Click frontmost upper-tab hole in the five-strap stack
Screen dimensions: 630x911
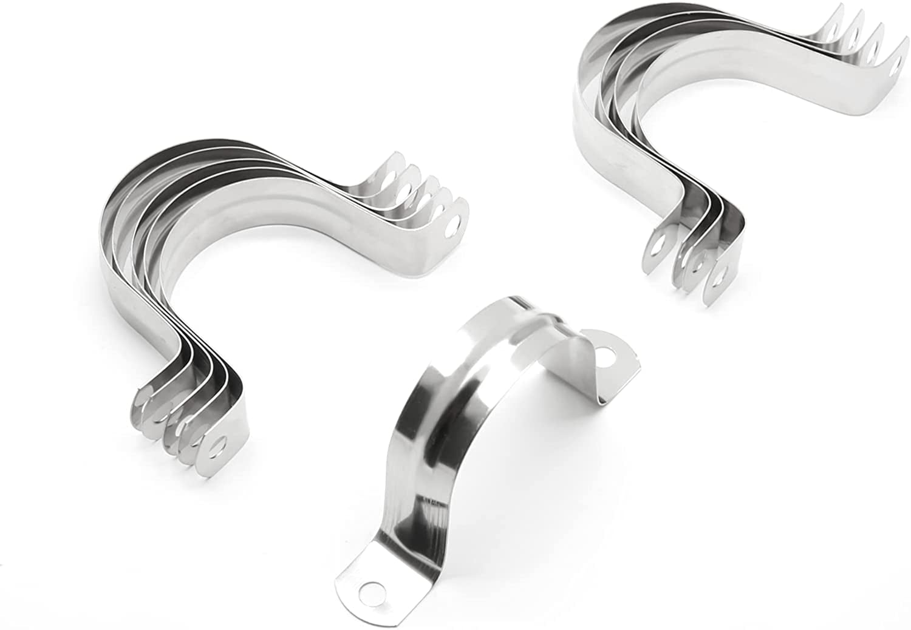click(x=451, y=229)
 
